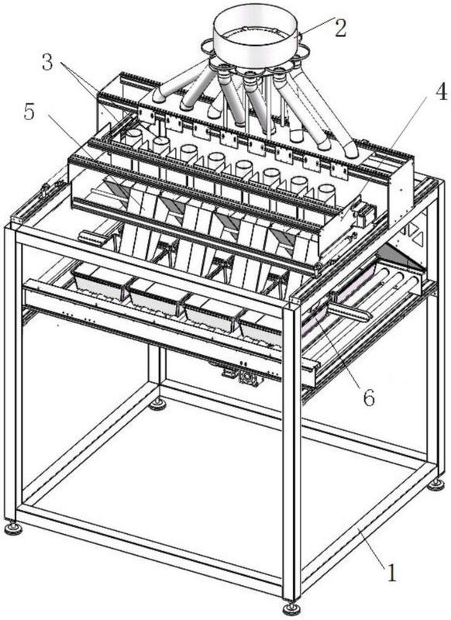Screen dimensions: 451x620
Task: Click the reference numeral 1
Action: pos(391,573)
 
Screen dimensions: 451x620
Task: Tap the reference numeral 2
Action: pos(340,28)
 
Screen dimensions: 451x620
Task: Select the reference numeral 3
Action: pos(47,62)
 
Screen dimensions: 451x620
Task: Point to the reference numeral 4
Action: pos(441,91)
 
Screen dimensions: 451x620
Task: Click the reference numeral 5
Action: pos(29,112)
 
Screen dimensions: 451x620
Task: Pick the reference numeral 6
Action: pos(368,398)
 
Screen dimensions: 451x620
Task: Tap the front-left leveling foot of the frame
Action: pos(14,528)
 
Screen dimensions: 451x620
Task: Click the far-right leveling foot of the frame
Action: pos(436,484)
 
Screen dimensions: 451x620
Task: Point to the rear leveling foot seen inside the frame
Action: pos(158,404)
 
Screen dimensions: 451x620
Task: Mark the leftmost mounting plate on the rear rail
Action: pos(146,115)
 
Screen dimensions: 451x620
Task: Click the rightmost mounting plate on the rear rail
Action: pos(339,170)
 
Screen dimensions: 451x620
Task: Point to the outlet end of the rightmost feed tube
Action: pos(350,151)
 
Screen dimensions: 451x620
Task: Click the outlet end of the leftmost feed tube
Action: pos(160,96)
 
